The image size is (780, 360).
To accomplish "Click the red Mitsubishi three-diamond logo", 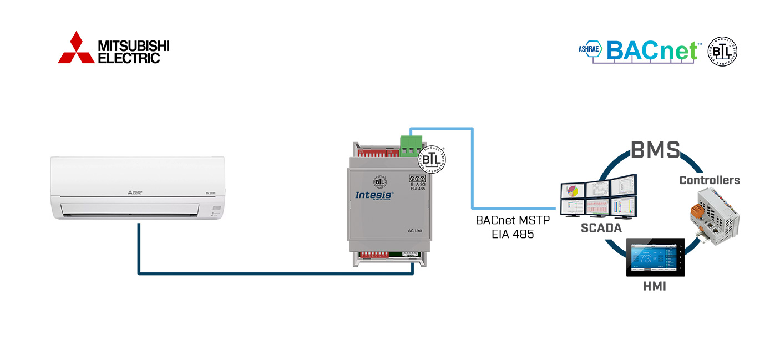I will tap(77, 48).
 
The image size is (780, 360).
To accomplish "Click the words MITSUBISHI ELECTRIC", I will tap(133, 52).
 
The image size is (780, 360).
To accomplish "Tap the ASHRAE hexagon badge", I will tap(590, 49).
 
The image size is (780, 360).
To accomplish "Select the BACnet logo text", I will tap(652, 50).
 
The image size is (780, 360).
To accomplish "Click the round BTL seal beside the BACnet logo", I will tap(722, 52).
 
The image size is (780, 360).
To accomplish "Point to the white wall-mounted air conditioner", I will tap(138, 187).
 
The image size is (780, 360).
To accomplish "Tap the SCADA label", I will tap(600, 227).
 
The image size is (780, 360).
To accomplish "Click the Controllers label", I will tap(710, 180).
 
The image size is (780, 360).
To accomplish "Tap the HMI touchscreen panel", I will tap(655, 257).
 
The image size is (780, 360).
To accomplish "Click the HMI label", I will tap(655, 287).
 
